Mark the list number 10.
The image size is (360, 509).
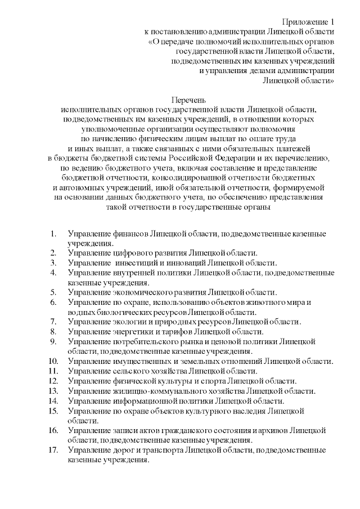53,361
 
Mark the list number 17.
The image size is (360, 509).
53,450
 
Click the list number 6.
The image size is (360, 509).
53,302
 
